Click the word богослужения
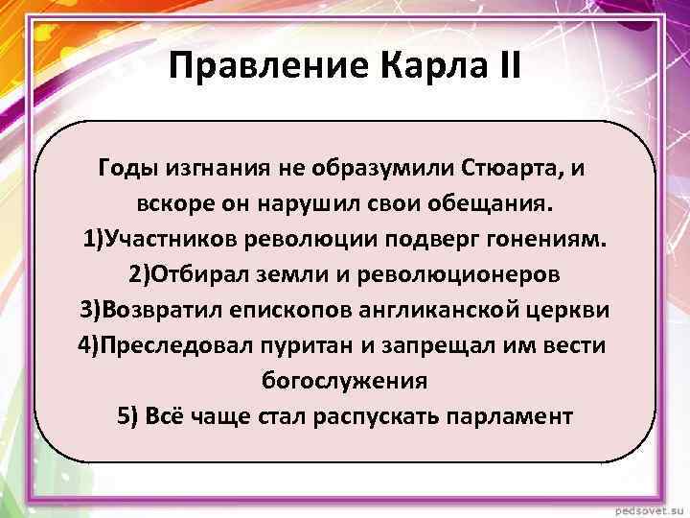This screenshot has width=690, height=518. [345, 381]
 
